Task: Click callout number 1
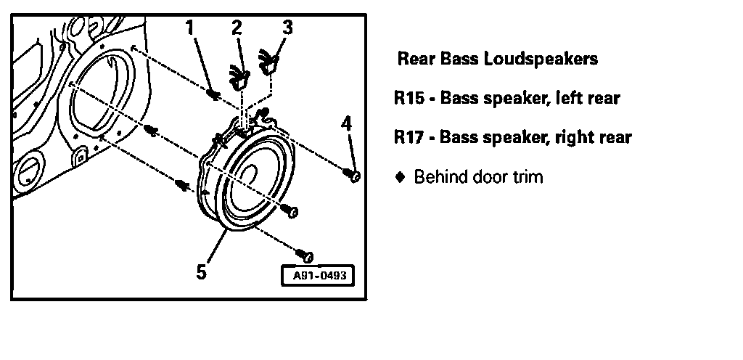pos(189,28)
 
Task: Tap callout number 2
pos(237,28)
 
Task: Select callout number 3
pos(287,28)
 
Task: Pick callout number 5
pos(201,271)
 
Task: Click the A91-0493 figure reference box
pos(319,276)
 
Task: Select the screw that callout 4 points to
pos(354,176)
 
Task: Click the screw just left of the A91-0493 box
pos(305,255)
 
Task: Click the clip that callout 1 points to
pos(213,94)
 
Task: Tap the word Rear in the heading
pos(414,60)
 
